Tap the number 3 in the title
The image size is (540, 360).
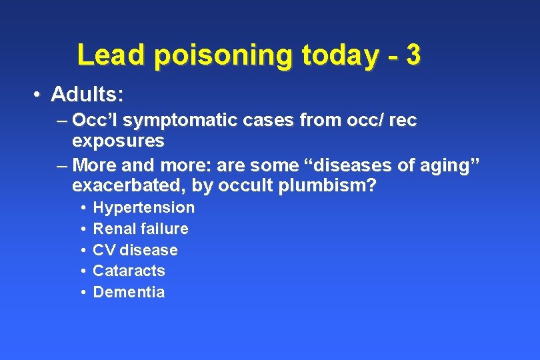coord(413,55)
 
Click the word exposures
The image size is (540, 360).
coord(118,141)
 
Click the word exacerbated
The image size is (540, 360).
coord(126,185)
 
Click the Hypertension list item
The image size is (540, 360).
coord(144,207)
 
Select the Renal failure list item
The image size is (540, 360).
coord(141,229)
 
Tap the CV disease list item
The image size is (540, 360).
coord(135,250)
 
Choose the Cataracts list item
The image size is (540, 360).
coord(129,271)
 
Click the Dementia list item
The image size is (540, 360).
coord(129,292)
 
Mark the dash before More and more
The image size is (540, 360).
coord(62,164)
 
